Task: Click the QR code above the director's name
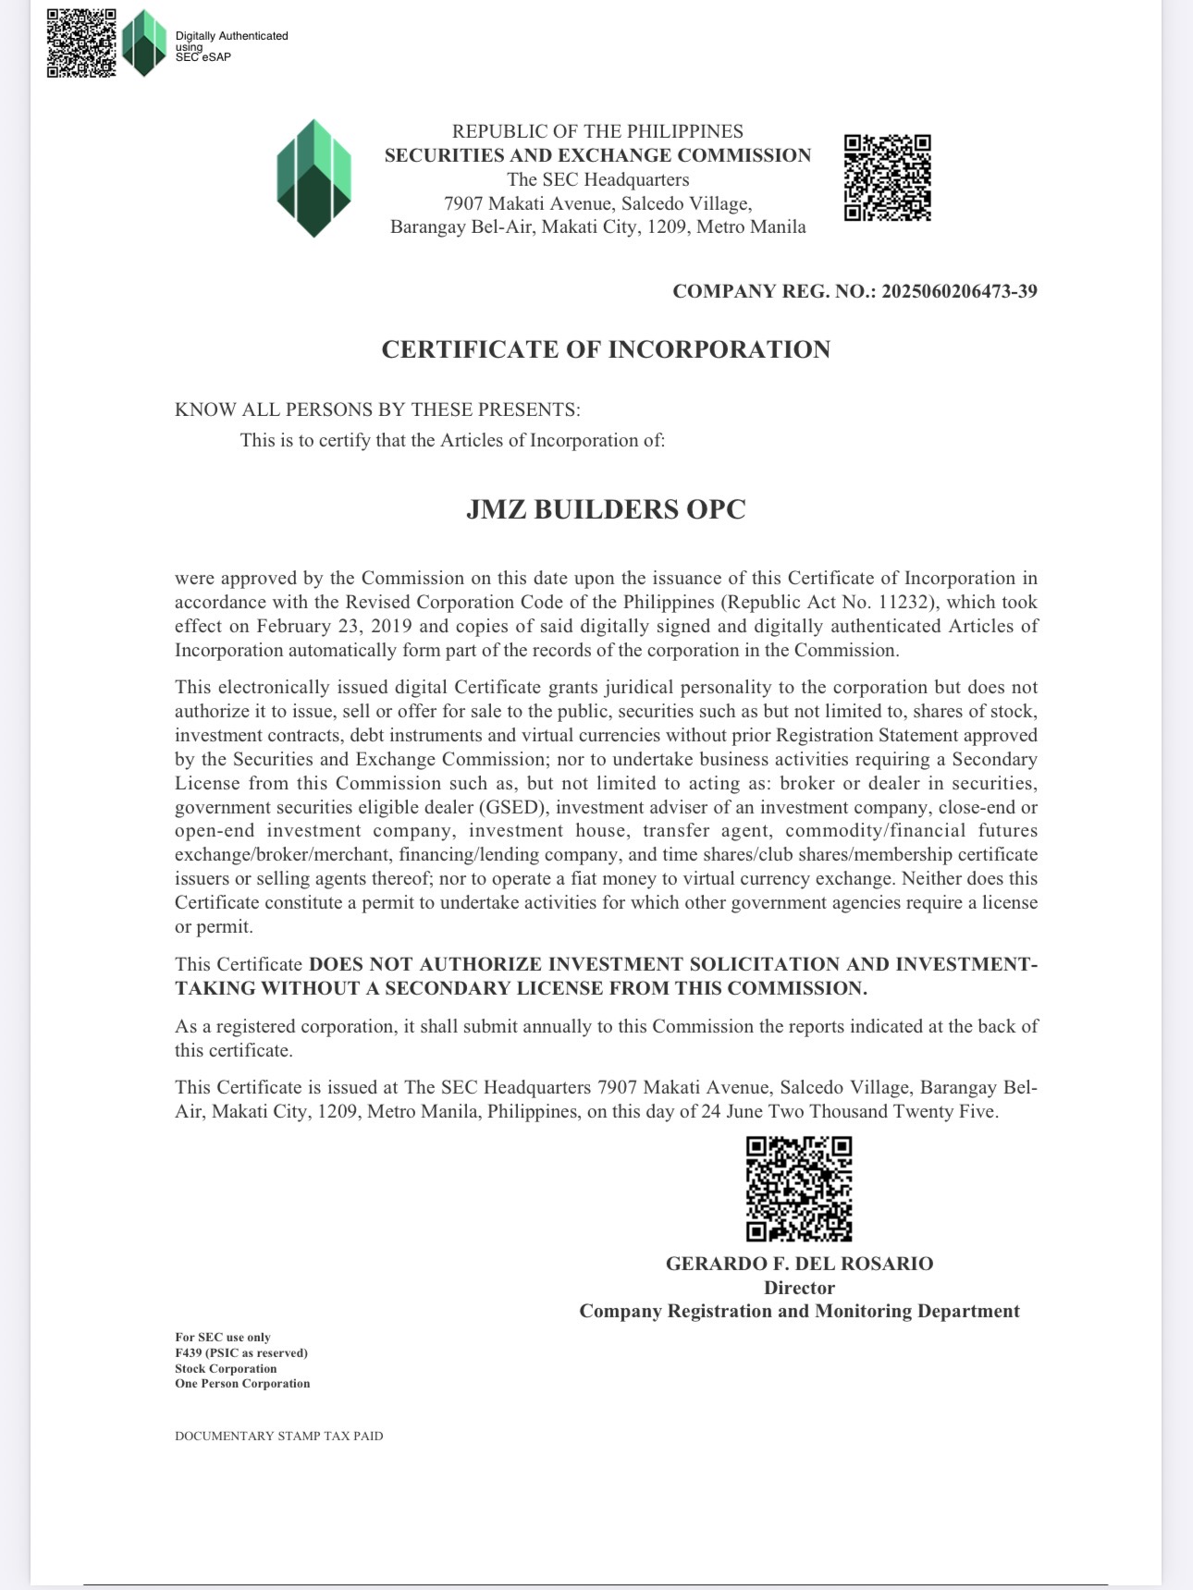[799, 1188]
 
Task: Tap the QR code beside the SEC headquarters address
[887, 177]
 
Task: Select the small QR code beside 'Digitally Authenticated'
[81, 43]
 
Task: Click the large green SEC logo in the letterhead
[314, 177]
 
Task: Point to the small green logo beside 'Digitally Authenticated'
[143, 43]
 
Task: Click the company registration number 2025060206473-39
[959, 291]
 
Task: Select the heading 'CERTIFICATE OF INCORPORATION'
[606, 349]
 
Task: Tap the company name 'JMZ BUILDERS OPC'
[606, 509]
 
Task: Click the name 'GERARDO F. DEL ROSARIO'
[799, 1264]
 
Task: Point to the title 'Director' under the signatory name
[799, 1288]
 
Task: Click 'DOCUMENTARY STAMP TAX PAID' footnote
[278, 1436]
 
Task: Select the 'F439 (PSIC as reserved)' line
[241, 1352]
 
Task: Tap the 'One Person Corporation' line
[242, 1384]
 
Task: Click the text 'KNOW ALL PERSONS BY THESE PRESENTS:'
[377, 410]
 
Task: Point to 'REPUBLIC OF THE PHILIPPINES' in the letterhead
[597, 131]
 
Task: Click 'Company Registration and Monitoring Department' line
[799, 1312]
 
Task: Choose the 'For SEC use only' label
[223, 1337]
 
